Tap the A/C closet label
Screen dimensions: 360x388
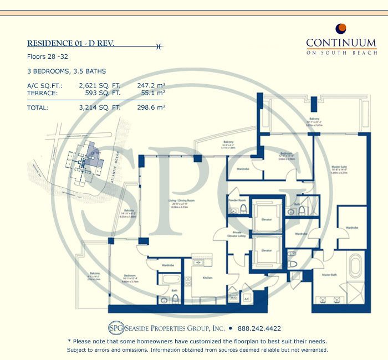pyautogui.click(x=247, y=297)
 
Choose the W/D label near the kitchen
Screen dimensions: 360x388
pyautogui.click(x=233, y=297)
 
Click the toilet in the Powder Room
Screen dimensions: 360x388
pyautogui.click(x=243, y=209)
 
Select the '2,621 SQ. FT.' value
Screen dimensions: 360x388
pyautogui.click(x=100, y=85)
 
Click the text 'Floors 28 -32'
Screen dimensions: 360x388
pyautogui.click(x=45, y=56)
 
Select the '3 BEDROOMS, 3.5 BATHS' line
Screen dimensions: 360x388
pyautogui.click(x=66, y=71)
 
